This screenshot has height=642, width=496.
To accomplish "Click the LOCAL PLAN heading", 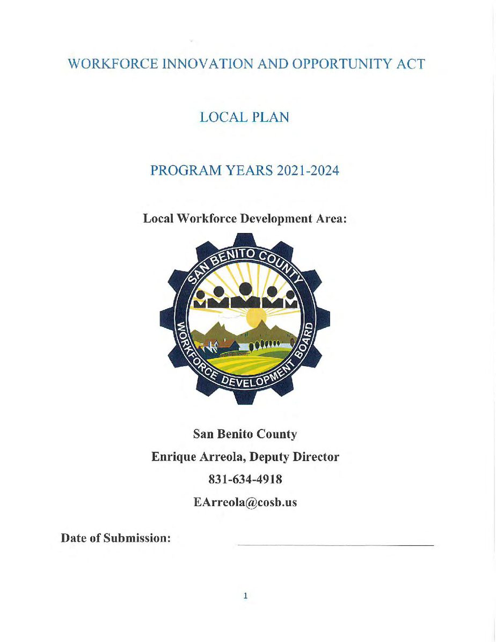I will (x=244, y=118).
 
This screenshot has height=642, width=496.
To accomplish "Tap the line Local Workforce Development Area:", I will (x=246, y=219).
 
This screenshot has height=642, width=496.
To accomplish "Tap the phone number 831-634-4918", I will (x=245, y=479).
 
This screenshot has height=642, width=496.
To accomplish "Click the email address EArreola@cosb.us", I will (x=245, y=502).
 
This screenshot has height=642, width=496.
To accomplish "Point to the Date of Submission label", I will (x=116, y=538).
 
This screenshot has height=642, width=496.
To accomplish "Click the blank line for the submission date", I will (x=335, y=544).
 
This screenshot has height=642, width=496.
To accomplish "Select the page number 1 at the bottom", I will (x=245, y=595).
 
